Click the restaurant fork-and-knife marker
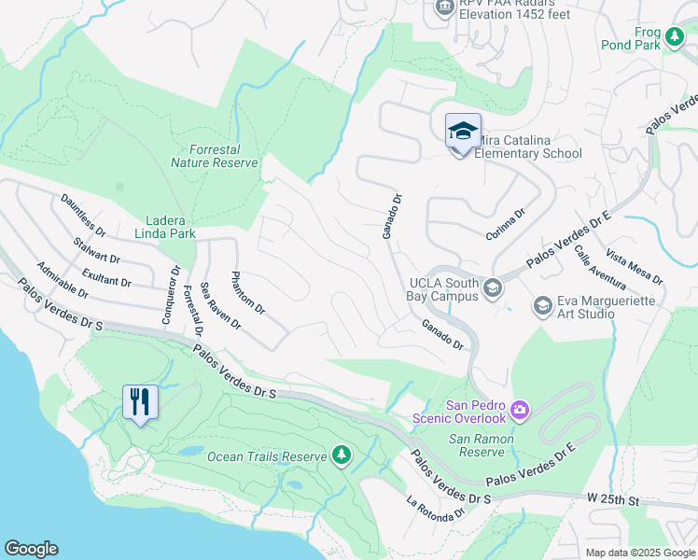point(140,402)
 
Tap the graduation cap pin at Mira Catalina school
point(463,131)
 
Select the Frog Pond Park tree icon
point(674,36)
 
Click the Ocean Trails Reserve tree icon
point(342,455)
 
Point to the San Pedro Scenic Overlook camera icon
point(520,409)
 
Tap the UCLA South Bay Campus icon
point(492,289)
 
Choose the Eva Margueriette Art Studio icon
point(542,305)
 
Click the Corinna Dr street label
point(506,225)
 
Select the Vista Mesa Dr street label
point(634,267)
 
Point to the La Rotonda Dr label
point(436,510)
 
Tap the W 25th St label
point(613,501)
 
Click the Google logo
point(31,549)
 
